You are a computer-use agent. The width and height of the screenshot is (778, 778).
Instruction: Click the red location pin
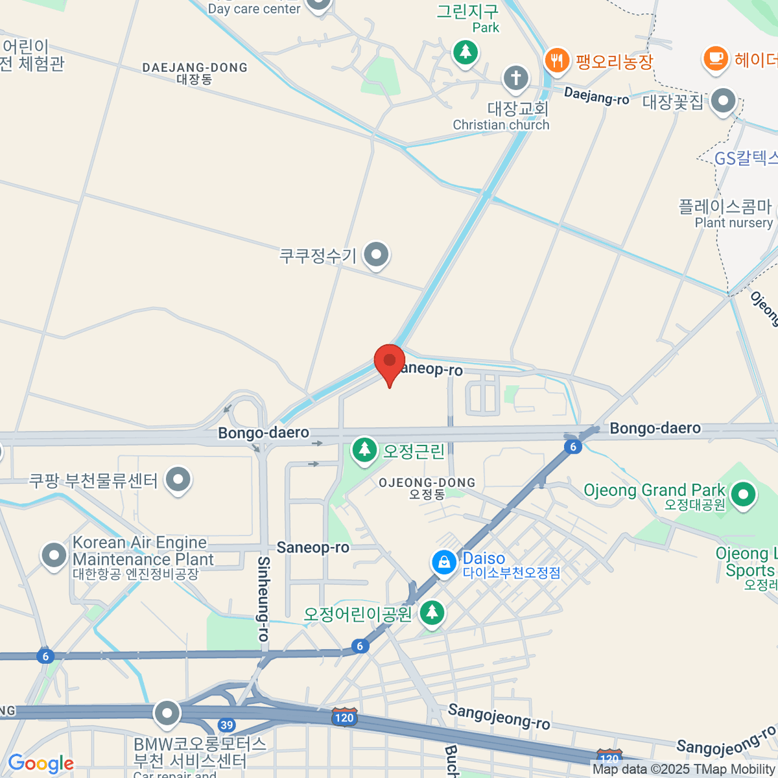[390, 362]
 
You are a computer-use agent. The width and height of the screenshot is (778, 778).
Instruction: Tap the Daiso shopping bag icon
[444, 563]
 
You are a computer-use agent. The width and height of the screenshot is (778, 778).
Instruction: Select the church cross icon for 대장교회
[516, 79]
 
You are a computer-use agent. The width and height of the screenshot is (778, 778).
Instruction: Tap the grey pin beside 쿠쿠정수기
[376, 255]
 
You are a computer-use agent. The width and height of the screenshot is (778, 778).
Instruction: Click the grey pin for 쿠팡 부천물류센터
[178, 480]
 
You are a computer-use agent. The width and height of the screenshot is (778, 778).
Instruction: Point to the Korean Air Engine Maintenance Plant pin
[54, 556]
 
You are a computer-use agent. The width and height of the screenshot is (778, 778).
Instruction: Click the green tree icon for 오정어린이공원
[432, 612]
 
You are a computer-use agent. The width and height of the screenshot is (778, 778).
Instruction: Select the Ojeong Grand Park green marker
[743, 495]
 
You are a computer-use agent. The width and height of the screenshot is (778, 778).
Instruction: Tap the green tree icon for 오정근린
[364, 449]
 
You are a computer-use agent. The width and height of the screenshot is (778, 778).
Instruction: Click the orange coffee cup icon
[715, 58]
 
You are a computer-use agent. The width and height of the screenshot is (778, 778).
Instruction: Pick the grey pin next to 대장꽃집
[723, 102]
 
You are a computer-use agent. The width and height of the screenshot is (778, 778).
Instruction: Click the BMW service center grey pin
[167, 714]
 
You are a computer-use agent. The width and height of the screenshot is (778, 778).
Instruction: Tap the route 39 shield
[226, 725]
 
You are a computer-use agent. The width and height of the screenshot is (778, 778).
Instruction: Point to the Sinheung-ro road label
[263, 598]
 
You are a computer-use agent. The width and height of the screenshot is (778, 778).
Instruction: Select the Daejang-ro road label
[596, 96]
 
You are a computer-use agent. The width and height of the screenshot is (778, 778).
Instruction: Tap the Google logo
[40, 764]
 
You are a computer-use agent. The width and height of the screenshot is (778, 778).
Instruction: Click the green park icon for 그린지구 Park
[465, 52]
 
